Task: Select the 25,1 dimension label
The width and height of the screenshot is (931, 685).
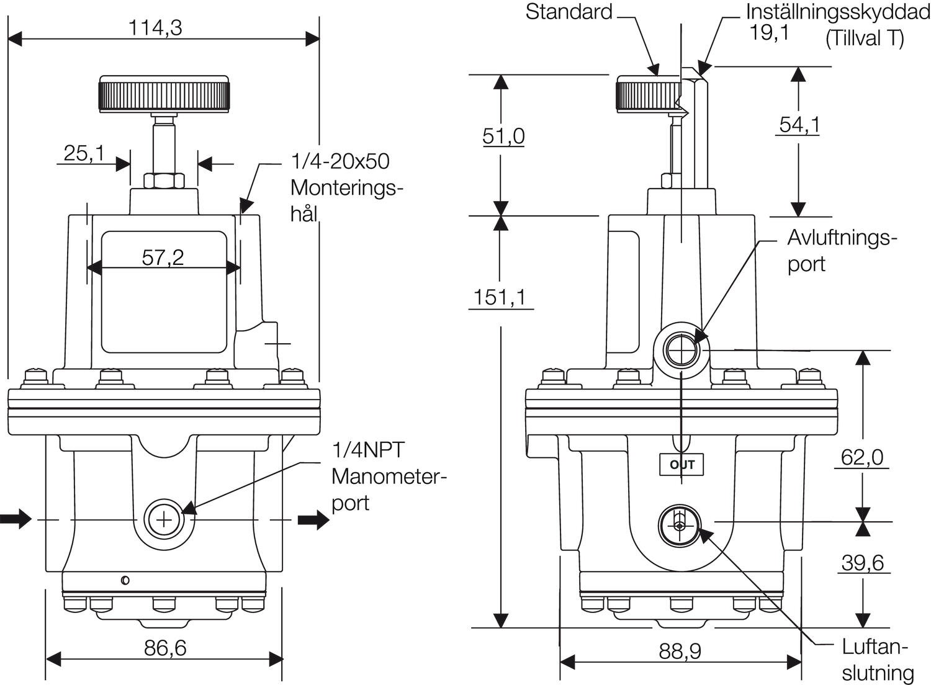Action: (x=84, y=153)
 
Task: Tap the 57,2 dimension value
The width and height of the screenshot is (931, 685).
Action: (x=163, y=257)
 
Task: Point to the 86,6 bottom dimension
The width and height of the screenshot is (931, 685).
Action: (x=165, y=648)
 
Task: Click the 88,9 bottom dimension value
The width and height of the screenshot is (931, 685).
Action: (x=680, y=651)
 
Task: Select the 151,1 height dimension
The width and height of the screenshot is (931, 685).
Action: (x=500, y=297)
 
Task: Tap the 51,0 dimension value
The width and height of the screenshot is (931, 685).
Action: (x=503, y=135)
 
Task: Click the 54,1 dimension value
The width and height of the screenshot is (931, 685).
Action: (x=799, y=125)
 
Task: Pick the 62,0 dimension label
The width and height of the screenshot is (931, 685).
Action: (x=862, y=457)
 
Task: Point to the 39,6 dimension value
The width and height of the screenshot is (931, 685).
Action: (x=862, y=563)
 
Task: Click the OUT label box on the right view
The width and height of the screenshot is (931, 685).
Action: (x=681, y=465)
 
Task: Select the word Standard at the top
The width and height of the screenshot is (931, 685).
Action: (x=569, y=12)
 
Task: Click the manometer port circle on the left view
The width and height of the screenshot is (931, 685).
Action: (x=163, y=519)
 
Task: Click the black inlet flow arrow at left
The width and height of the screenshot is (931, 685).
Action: (x=16, y=519)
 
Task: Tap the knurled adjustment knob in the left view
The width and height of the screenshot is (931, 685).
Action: (x=164, y=94)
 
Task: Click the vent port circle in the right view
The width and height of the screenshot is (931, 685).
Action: (x=681, y=351)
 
